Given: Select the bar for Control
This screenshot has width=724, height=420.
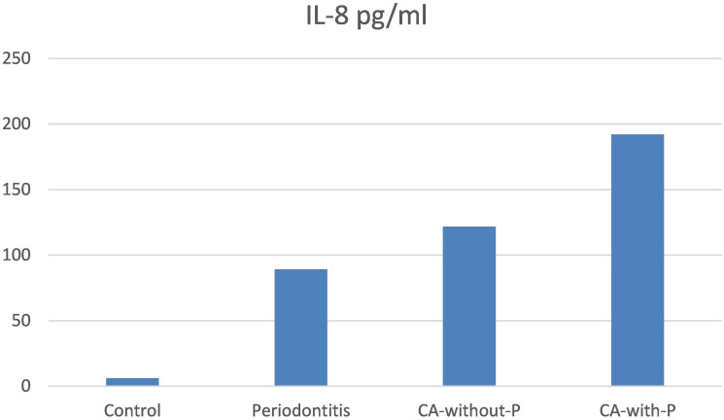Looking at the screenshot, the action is click(x=132, y=382).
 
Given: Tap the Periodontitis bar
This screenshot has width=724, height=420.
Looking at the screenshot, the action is click(x=301, y=328).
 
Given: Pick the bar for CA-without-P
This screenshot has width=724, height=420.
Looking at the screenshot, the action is click(x=469, y=306).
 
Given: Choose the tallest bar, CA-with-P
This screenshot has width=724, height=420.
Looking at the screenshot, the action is click(x=638, y=261).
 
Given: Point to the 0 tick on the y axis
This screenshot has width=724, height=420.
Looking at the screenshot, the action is click(x=25, y=386).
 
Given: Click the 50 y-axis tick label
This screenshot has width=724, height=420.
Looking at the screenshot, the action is click(x=21, y=320).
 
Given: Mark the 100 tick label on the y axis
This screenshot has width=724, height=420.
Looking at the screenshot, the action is click(x=17, y=255).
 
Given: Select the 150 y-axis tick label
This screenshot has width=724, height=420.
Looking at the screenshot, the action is click(x=17, y=190).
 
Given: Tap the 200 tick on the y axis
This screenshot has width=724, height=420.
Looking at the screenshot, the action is click(x=17, y=123).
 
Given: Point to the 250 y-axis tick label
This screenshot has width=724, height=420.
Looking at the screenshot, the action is click(x=17, y=58).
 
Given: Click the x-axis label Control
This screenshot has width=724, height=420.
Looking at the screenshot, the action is click(x=132, y=410).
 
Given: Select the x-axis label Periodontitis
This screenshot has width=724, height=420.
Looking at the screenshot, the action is click(x=301, y=410).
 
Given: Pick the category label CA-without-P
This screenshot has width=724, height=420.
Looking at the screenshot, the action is click(x=469, y=410).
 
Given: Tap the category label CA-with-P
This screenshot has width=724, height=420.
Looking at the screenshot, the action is click(x=638, y=410).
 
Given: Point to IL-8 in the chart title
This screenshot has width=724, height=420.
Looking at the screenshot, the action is click(x=328, y=17).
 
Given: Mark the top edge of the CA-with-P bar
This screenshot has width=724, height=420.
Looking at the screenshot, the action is click(x=638, y=134).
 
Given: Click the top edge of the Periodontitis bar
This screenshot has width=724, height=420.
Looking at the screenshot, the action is click(x=301, y=269).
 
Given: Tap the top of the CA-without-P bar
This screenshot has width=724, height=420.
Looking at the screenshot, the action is click(x=469, y=227).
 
